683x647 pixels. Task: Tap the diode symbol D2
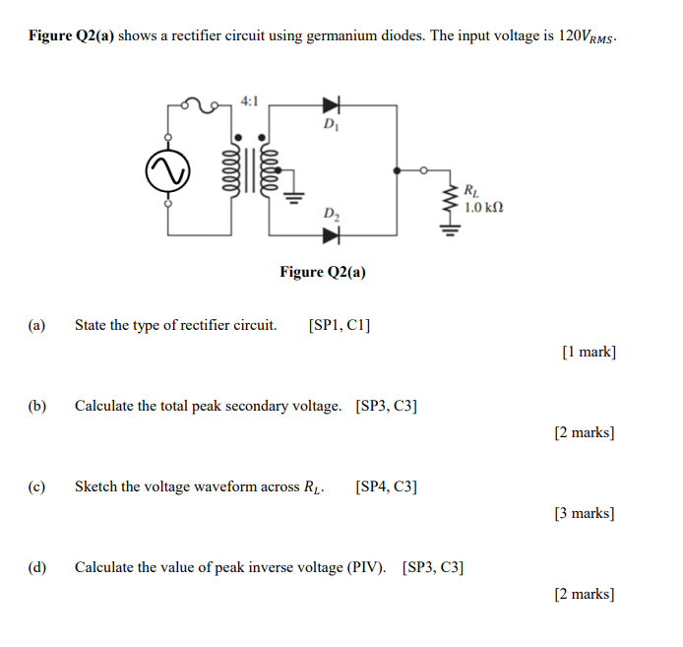click(x=330, y=234)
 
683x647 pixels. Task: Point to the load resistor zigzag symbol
click(x=452, y=201)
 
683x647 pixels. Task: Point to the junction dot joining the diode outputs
click(x=397, y=170)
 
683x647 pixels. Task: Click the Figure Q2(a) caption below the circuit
click(x=322, y=272)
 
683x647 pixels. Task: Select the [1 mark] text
click(x=589, y=352)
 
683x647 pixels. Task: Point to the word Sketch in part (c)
click(x=96, y=486)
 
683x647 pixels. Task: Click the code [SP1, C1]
click(x=340, y=325)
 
